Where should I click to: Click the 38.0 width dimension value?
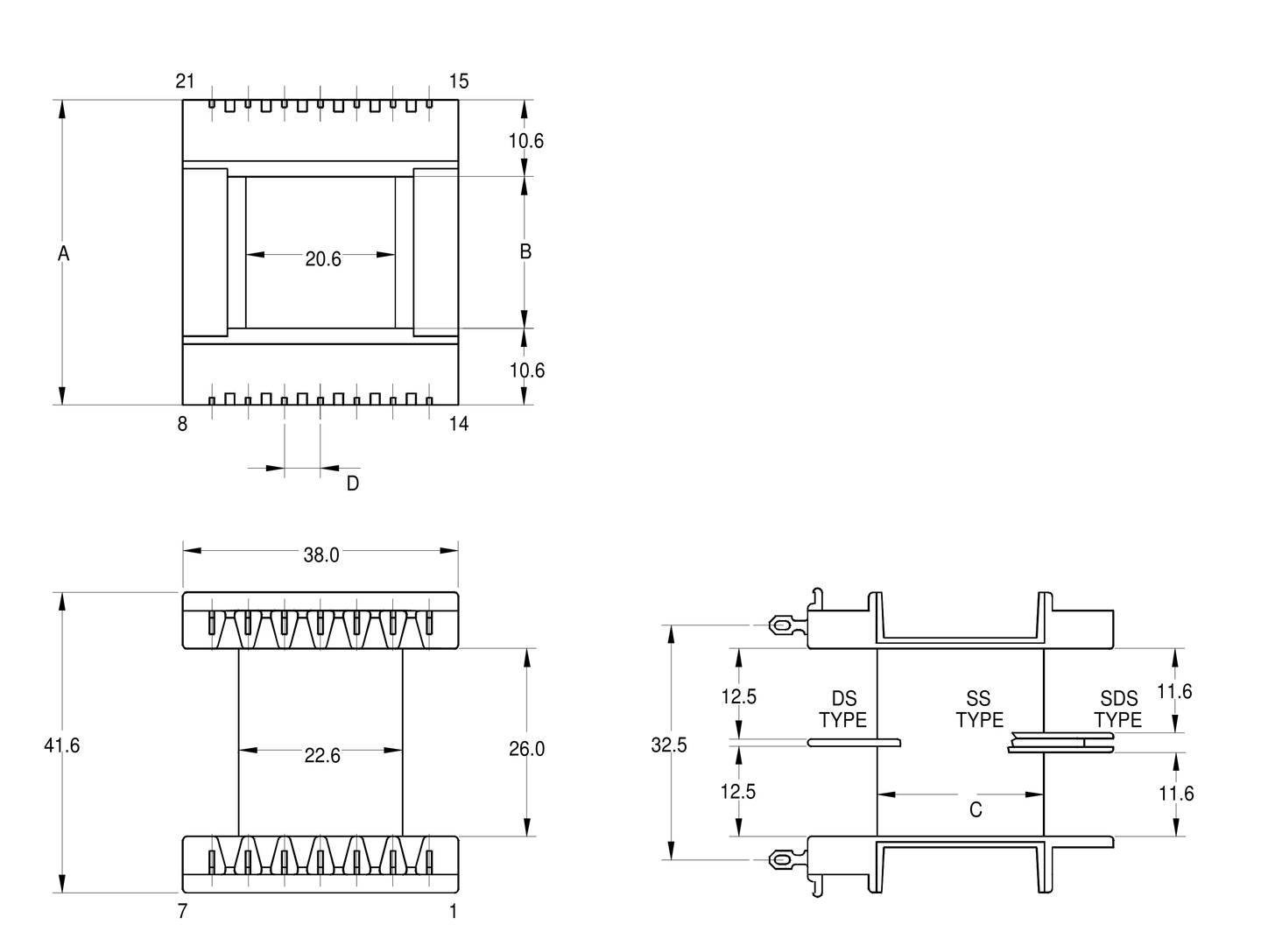(x=321, y=555)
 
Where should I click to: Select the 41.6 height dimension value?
(x=62, y=745)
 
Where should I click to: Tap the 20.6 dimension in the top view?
(x=323, y=259)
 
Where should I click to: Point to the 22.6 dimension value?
(x=322, y=755)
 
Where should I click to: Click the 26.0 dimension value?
(x=526, y=749)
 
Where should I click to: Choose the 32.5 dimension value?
(x=669, y=745)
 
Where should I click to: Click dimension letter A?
(x=63, y=254)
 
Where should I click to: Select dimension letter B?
(x=525, y=251)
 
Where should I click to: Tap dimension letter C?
(x=976, y=810)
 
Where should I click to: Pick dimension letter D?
(x=352, y=484)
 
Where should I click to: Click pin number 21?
(x=185, y=81)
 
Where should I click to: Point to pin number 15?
(x=459, y=81)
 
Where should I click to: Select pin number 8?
(x=182, y=425)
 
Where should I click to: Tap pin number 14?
(x=459, y=425)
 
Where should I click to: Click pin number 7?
(x=182, y=912)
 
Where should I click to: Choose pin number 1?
(x=454, y=912)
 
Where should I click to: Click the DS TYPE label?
(x=843, y=709)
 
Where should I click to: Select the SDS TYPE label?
(x=1118, y=709)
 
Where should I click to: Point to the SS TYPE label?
(x=979, y=709)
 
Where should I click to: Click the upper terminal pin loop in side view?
(x=778, y=625)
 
